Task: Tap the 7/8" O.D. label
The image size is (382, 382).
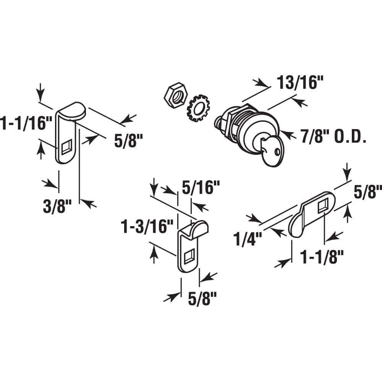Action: click(x=333, y=137)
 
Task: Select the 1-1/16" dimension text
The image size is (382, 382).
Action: click(x=26, y=124)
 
